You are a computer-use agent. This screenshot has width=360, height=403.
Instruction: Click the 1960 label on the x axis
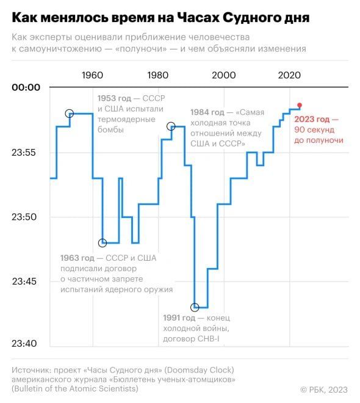pos(92,75)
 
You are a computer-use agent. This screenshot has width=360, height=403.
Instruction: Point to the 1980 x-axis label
pos(157,75)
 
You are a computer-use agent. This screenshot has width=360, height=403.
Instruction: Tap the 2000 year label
pos(224,75)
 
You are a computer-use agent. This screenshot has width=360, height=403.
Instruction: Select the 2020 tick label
pos(289,75)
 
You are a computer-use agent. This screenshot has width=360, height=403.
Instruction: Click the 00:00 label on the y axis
pos(26,87)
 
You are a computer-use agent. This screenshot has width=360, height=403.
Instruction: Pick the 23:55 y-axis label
pos(24,153)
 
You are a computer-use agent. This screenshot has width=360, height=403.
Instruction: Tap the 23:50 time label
pos(24,217)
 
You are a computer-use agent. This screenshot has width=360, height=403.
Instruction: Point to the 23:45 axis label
pos(24,281)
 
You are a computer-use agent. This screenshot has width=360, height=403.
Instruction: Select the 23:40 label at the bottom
pos(24,343)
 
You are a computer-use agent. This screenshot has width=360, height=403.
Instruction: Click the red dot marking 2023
pos(300,105)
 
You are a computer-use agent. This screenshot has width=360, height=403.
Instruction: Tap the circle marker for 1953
pos(70,114)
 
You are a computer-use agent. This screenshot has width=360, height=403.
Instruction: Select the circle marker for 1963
pos(103,242)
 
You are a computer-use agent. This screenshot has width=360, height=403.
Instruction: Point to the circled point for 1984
pos(171,126)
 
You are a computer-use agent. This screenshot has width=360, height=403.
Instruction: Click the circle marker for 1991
pos(195,307)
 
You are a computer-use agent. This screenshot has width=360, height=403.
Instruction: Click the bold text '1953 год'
pos(114,98)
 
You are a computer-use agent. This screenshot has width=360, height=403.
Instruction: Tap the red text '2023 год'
pos(312,119)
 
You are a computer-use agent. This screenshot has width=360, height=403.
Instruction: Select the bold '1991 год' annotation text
pos(179,318)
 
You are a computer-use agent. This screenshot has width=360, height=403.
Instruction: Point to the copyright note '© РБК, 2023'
pos(324,390)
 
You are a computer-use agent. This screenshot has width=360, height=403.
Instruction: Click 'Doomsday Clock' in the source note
pos(200,370)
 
